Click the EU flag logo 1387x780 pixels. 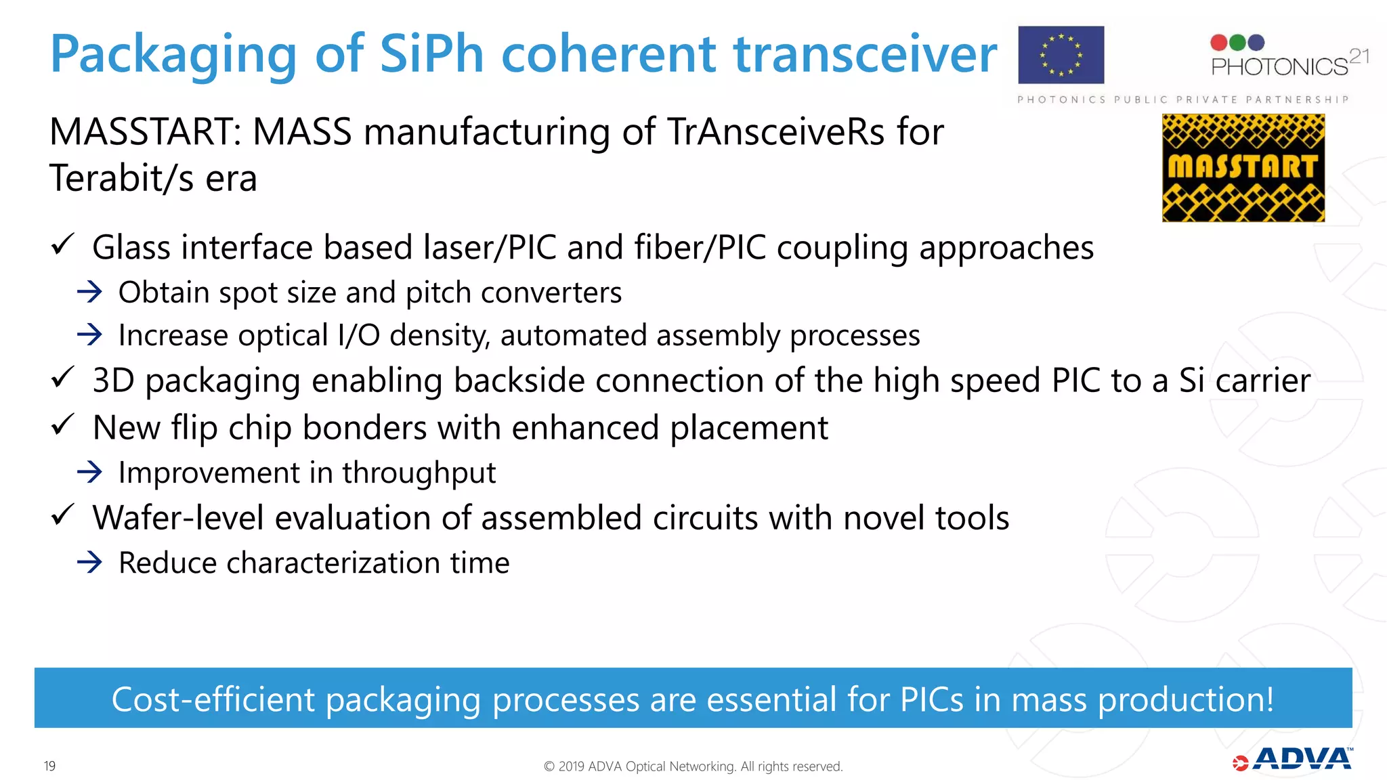click(1061, 55)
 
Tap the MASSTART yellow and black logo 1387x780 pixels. click(1243, 168)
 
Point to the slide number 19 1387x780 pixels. click(49, 766)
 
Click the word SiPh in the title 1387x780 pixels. click(431, 54)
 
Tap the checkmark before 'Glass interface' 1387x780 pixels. click(62, 244)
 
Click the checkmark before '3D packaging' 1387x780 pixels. click(62, 377)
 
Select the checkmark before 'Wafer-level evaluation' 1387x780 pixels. click(62, 515)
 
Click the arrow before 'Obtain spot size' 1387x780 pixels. click(89, 292)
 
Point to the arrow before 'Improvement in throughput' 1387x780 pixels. click(89, 472)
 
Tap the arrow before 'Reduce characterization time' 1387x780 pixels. click(89, 562)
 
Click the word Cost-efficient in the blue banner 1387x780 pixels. click(213, 699)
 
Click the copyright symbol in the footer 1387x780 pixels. click(549, 766)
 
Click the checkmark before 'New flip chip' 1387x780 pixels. click(62, 425)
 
